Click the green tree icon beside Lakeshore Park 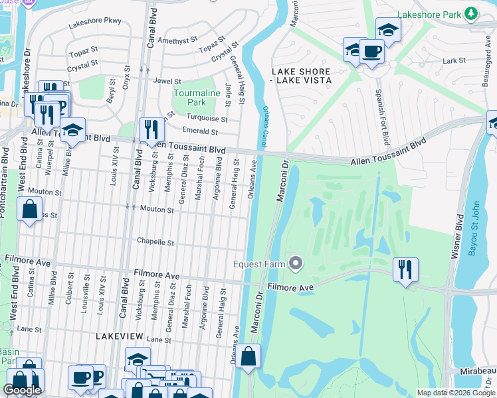[471, 13]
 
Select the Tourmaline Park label [196, 98]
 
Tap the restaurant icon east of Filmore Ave [405, 269]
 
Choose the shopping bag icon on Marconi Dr [248, 356]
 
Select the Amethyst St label [177, 40]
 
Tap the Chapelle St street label [155, 242]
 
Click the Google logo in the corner [22, 390]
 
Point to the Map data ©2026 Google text [456, 393]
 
